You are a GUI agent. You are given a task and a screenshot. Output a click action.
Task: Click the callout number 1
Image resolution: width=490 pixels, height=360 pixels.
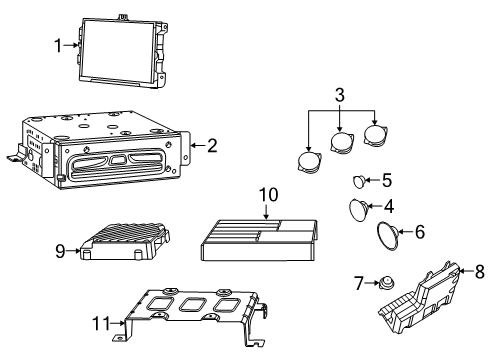(x=58, y=43)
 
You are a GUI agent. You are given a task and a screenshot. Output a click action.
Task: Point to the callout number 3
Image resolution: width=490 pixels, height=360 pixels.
(x=339, y=95)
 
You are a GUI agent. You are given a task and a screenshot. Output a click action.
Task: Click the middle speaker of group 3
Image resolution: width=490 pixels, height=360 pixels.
(x=345, y=143)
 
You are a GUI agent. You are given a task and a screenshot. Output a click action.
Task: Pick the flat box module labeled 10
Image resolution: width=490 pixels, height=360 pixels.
(x=261, y=248)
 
